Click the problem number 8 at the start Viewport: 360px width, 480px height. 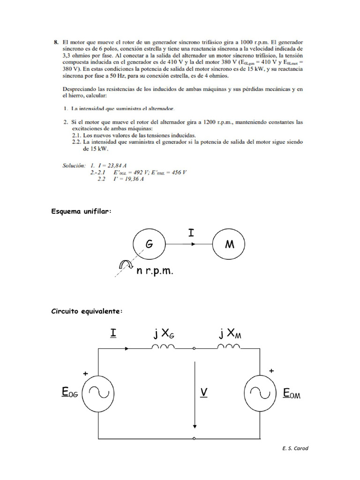tap(56, 42)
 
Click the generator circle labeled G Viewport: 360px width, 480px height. tap(149, 244)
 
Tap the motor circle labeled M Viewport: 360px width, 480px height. tap(230, 244)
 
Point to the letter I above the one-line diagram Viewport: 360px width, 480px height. tap(191, 233)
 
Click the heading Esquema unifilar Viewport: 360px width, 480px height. tap(81, 211)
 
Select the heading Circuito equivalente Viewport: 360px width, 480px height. tap(87, 311)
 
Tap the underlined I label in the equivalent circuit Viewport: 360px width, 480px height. tap(113, 333)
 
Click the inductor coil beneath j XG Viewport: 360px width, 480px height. tap(163, 347)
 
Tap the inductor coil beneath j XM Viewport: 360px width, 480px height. tap(229, 347)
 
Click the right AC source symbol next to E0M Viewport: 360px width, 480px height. tap(260, 392)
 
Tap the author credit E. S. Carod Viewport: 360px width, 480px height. tap(295, 449)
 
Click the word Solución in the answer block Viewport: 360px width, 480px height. tap(74, 165)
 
